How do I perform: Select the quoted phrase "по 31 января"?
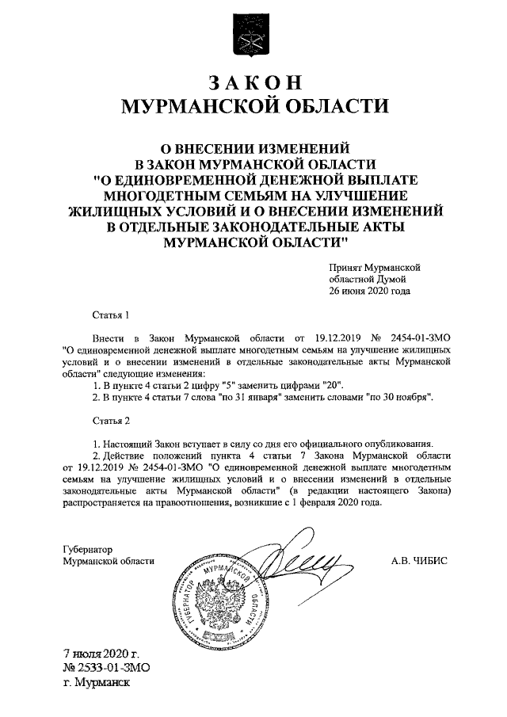point(246,396)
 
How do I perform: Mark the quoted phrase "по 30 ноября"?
point(397,396)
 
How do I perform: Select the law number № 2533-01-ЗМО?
point(106,667)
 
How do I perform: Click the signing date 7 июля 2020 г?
point(101,654)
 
